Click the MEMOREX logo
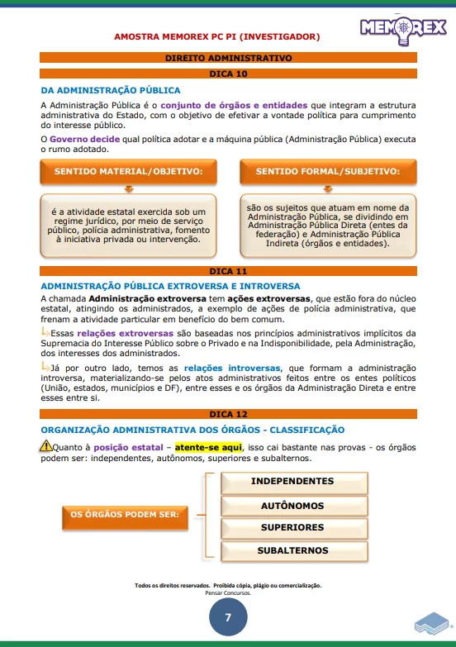pyautogui.click(x=402, y=29)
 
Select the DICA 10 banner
pyautogui.click(x=228, y=74)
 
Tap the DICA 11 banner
pyautogui.click(x=228, y=271)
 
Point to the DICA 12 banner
pyautogui.click(x=228, y=413)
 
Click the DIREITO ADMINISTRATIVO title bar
pyautogui.click(x=228, y=59)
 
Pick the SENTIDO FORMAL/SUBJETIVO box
pyautogui.click(x=327, y=171)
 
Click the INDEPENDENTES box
pyautogui.click(x=292, y=482)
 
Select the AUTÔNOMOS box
pyautogui.click(x=292, y=506)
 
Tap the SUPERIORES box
pyautogui.click(x=292, y=528)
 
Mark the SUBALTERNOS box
pyautogui.click(x=292, y=551)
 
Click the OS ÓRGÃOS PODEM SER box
pyautogui.click(x=124, y=515)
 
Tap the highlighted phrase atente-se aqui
pyautogui.click(x=208, y=447)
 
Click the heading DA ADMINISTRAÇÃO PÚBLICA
pyautogui.click(x=111, y=90)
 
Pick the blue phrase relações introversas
pyautogui.click(x=232, y=368)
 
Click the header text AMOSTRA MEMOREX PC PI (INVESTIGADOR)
pyautogui.click(x=216, y=37)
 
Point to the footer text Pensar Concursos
pyautogui.click(x=228, y=592)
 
